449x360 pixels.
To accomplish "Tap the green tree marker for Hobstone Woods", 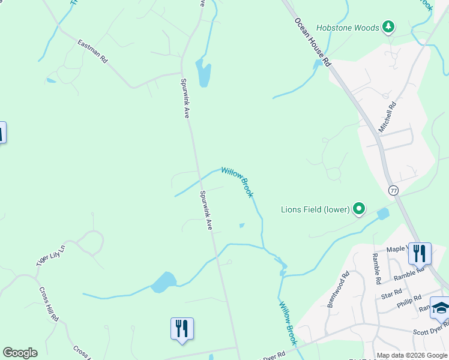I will pyautogui.click(x=388, y=26).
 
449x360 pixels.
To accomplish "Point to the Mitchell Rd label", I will pyautogui.click(x=387, y=117).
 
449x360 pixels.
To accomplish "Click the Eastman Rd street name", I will pyautogui.click(x=92, y=51).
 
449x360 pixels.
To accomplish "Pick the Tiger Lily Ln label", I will pyautogui.click(x=50, y=254).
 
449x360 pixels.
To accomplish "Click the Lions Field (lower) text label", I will pyautogui.click(x=315, y=209).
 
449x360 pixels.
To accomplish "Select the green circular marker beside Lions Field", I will pyautogui.click(x=359, y=209).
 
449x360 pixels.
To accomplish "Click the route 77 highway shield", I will pyautogui.click(x=393, y=191).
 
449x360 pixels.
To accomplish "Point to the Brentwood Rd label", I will pyautogui.click(x=337, y=291).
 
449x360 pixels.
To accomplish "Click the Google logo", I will pyautogui.click(x=20, y=353).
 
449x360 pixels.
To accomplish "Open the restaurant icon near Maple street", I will pyautogui.click(x=419, y=253).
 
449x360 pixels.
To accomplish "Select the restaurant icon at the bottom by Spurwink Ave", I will pyautogui.click(x=182, y=328).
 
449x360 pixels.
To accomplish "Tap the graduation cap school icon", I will pyautogui.click(x=440, y=307).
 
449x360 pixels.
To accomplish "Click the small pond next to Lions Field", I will pyautogui.click(x=382, y=214).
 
